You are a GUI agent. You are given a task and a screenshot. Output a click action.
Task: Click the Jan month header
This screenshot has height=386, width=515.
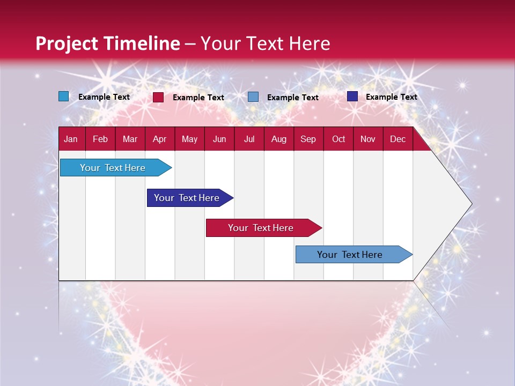pos(71,139)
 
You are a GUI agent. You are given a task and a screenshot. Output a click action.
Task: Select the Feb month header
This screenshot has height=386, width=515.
pos(100,139)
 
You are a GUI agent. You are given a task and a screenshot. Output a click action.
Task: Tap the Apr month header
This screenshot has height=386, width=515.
pos(159,139)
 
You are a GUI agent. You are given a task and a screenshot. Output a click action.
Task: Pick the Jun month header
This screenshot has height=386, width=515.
pos(219,139)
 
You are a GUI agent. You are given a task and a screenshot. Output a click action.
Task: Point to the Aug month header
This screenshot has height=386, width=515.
pos(278,139)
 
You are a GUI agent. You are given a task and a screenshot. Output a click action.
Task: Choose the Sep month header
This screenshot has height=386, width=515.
pos(308,139)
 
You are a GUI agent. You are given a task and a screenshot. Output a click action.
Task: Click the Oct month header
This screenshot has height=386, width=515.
pos(339,139)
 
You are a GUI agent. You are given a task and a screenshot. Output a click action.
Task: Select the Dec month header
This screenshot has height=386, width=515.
pos(398,139)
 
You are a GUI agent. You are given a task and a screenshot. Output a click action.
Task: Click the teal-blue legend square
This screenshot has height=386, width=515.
pos(64,96)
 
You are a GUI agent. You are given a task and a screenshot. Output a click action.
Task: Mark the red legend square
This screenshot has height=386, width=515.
pos(158,97)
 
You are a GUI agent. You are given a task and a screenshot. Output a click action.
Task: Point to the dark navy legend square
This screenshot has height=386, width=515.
pos(352,96)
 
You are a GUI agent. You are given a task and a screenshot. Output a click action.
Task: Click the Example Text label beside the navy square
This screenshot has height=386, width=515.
pos(391,97)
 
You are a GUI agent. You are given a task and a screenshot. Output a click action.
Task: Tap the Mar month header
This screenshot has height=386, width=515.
pos(130,139)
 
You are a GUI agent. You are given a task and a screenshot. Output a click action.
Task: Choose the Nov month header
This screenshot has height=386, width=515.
pos(368,139)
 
